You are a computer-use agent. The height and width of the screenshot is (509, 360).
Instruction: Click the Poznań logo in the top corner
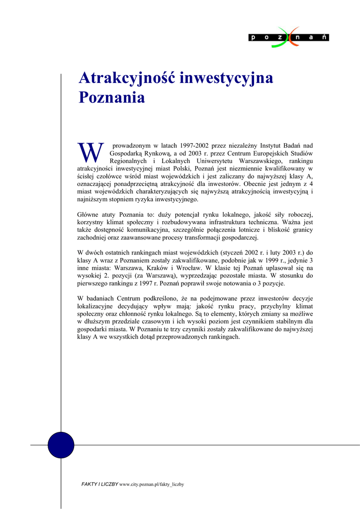(289, 37)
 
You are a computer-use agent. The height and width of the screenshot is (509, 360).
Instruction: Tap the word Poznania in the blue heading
(112, 97)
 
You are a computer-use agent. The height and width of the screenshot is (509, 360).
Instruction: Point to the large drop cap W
(90, 153)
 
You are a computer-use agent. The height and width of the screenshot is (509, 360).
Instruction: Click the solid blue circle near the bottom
(61, 445)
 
